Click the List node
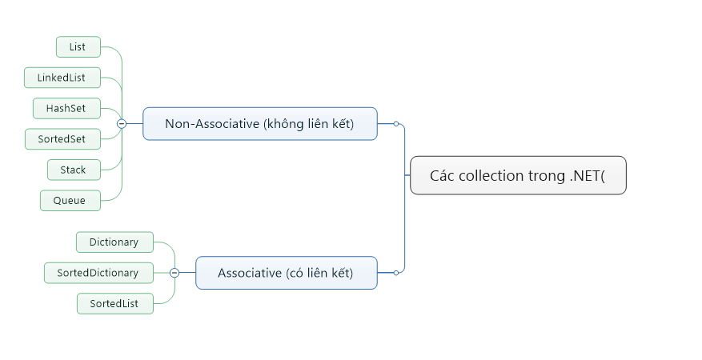click(x=78, y=47)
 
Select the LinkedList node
click(x=61, y=78)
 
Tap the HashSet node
click(x=66, y=108)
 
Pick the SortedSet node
click(x=61, y=139)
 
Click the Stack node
click(x=73, y=170)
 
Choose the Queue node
click(x=70, y=200)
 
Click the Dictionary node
click(x=114, y=242)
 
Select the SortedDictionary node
click(x=98, y=273)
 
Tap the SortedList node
click(x=114, y=303)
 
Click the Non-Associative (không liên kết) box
click(x=259, y=124)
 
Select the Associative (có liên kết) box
click(x=286, y=273)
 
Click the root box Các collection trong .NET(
click(x=517, y=176)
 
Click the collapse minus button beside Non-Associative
click(x=122, y=124)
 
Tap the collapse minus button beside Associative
click(x=174, y=273)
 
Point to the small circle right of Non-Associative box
click(x=395, y=124)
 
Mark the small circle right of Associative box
click(x=395, y=273)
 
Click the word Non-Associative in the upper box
click(x=212, y=124)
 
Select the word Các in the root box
click(x=443, y=176)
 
